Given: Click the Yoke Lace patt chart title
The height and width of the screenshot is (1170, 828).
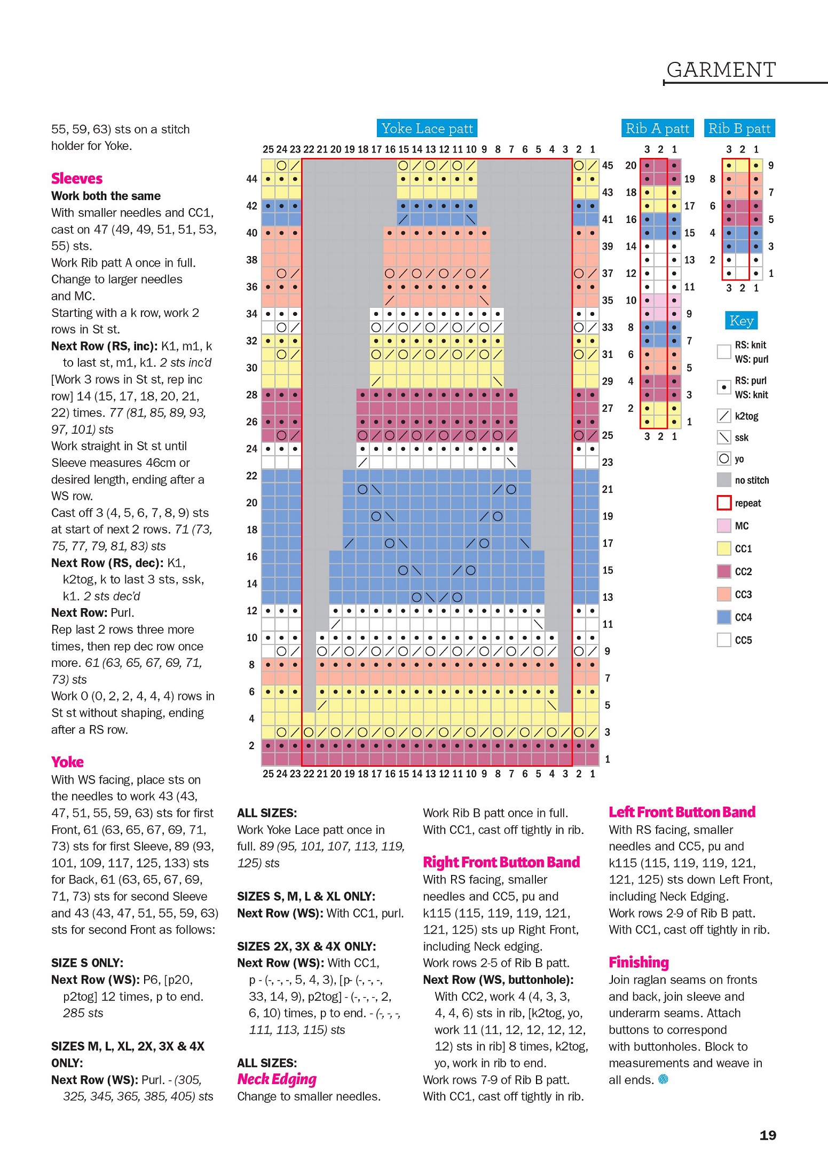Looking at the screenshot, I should [427, 128].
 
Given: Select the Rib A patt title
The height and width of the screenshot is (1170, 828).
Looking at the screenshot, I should [657, 128].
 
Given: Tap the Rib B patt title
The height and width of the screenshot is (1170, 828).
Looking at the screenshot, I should [739, 128].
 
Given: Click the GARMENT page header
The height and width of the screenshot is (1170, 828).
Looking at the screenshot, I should [721, 70].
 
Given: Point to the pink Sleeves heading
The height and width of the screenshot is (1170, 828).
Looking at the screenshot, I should [77, 178].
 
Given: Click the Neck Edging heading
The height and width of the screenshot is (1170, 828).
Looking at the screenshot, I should [277, 1079].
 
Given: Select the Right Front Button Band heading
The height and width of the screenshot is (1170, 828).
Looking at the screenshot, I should [501, 862].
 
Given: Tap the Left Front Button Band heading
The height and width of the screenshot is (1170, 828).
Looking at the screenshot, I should [682, 812].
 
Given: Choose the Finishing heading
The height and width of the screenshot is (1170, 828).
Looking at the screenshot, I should [638, 962].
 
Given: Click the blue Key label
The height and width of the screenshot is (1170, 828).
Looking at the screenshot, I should [741, 321].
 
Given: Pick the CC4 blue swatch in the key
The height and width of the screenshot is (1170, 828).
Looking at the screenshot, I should [724, 617].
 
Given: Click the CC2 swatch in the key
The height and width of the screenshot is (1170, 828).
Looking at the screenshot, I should [724, 571].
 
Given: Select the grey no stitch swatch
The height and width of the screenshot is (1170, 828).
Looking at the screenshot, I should [724, 480].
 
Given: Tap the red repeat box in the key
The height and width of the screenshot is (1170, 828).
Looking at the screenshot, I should [724, 503].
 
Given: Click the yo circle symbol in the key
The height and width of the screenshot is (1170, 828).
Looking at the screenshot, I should [724, 459].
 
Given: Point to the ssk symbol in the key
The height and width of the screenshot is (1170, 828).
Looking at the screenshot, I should [724, 437].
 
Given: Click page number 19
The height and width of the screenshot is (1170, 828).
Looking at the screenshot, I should [768, 1135].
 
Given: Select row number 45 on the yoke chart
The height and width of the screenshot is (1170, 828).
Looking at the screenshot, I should [608, 165].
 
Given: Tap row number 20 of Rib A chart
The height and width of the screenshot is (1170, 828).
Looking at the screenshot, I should [630, 165].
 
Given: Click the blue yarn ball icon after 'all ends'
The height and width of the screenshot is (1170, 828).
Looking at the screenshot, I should [663, 1079].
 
